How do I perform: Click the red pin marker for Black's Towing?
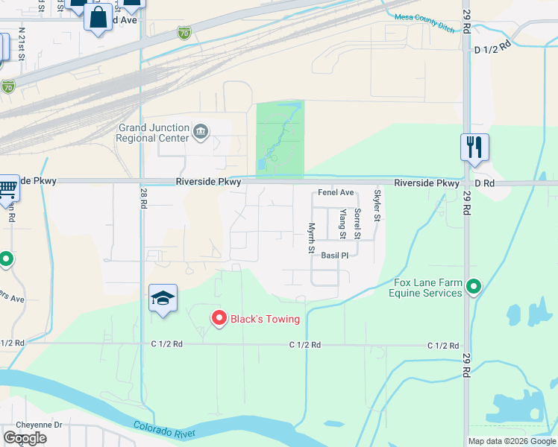219,318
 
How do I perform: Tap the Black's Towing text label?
265,320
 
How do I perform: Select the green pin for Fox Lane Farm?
474,286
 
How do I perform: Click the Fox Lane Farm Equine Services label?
425,288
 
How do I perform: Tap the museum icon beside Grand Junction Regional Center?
201,133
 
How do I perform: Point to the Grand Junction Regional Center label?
153,133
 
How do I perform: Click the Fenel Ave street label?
336,192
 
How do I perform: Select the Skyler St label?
377,206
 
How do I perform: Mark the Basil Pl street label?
335,256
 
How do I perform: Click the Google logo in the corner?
25,438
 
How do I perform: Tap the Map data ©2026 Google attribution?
511,441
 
